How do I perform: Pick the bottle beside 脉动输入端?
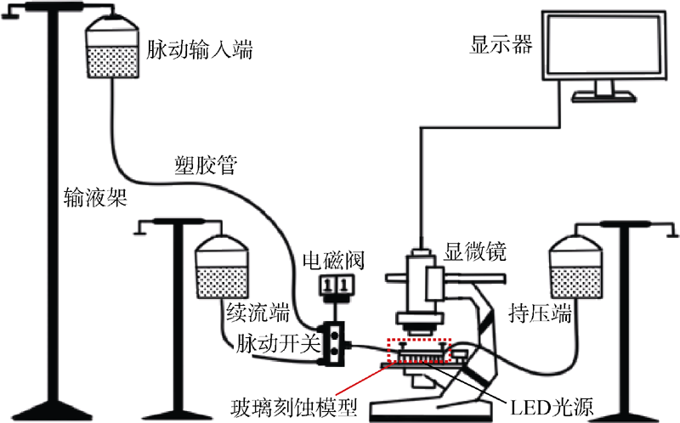coord(114,52)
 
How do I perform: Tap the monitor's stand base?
coord(603,95)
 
